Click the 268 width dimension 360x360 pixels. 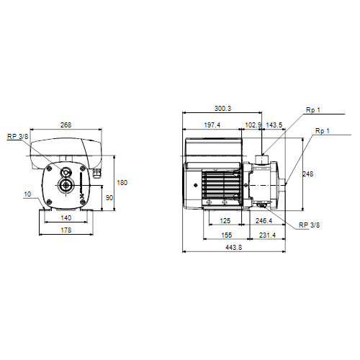pyautogui.click(x=66, y=125)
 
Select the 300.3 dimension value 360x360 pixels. pyautogui.click(x=222, y=109)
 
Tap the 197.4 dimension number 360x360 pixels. pyautogui.click(x=212, y=125)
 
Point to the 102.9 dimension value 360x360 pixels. pyautogui.click(x=253, y=125)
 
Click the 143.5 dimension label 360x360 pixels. pyautogui.click(x=274, y=125)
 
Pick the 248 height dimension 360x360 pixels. pyautogui.click(x=308, y=174)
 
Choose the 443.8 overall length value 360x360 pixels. pyautogui.click(x=234, y=247)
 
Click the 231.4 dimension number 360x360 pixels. pyautogui.click(x=267, y=235)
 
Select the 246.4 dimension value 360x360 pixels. pyautogui.click(x=264, y=220)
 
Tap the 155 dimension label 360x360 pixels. pyautogui.click(x=227, y=235)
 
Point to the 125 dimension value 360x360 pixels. pyautogui.click(x=225, y=220)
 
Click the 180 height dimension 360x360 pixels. pyautogui.click(x=122, y=183)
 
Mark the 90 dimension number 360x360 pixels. pyautogui.click(x=109, y=198)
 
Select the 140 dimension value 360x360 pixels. pyautogui.click(x=66, y=218)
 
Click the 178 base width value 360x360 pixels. pyautogui.click(x=66, y=230)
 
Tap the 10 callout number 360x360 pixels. pyautogui.click(x=27, y=194)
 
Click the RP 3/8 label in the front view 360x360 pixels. pyautogui.click(x=17, y=137)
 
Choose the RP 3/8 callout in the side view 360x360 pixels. pyautogui.click(x=309, y=225)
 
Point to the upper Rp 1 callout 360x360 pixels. pyautogui.click(x=313, y=110)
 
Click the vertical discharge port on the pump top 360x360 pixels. pyautogui.click(x=262, y=160)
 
